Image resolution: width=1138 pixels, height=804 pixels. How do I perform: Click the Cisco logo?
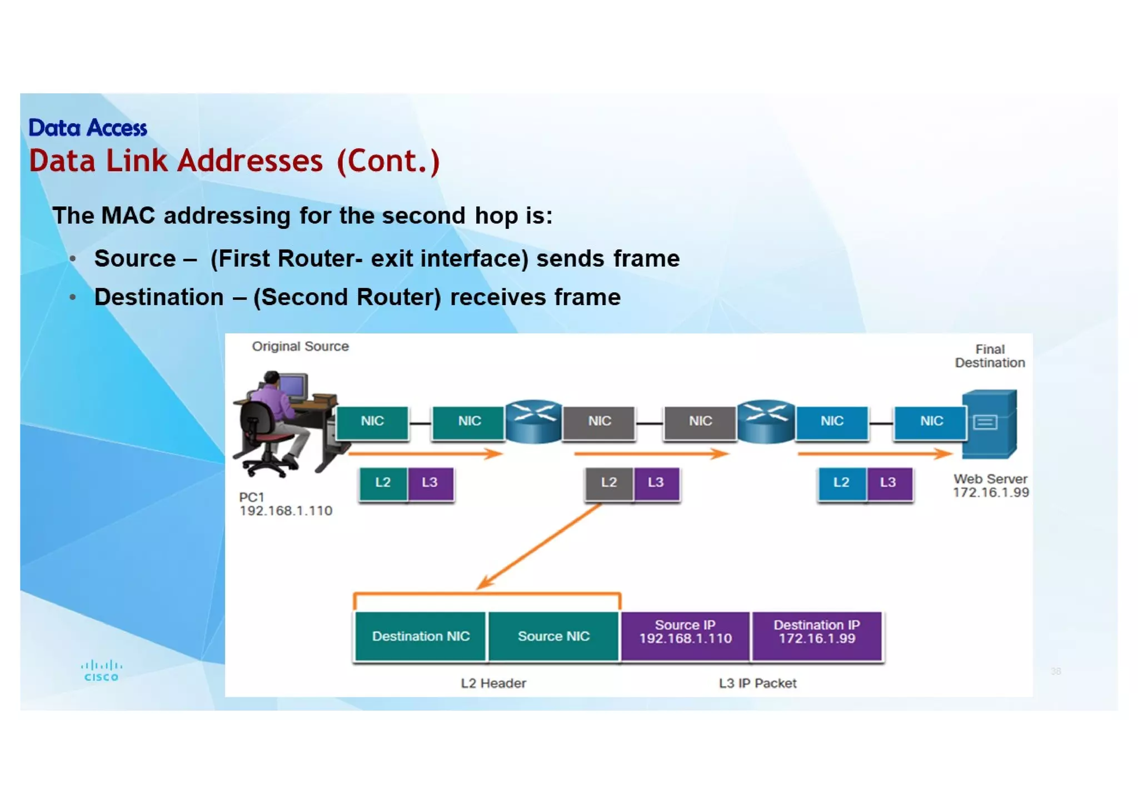click(101, 670)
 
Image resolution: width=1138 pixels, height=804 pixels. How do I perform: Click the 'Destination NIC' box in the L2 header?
click(421, 636)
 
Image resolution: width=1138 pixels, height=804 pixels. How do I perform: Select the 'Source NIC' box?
click(553, 636)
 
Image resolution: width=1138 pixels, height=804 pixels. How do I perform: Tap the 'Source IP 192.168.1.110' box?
click(685, 632)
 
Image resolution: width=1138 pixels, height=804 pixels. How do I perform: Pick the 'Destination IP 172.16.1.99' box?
click(816, 632)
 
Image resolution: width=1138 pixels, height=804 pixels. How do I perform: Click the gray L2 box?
click(608, 483)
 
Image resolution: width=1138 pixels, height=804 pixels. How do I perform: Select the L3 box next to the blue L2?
click(888, 483)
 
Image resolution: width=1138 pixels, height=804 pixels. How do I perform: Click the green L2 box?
click(383, 483)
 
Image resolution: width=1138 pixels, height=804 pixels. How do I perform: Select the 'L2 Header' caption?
click(493, 683)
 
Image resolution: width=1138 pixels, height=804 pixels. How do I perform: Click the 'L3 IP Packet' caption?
click(757, 683)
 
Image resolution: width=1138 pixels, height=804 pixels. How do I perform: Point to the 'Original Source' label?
click(300, 347)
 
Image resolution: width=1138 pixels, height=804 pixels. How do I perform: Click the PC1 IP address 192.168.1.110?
click(286, 511)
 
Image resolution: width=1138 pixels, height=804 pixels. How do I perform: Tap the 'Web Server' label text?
click(990, 479)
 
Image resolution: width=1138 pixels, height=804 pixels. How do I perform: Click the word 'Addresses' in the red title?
click(250, 161)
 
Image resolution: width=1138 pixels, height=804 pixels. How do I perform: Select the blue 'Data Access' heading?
click(88, 128)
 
